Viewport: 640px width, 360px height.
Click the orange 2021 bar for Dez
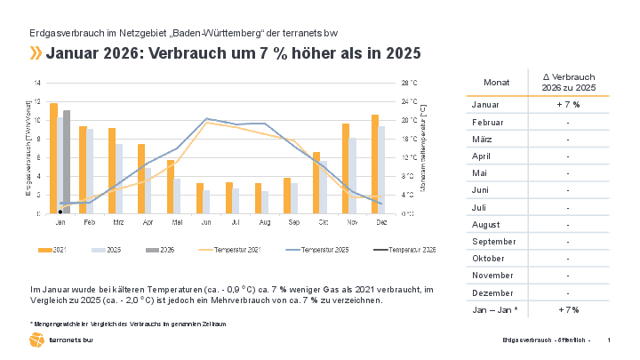tap(375, 164)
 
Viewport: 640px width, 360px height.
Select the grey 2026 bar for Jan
tap(67, 162)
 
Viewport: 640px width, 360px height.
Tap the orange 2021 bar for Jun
tap(200, 198)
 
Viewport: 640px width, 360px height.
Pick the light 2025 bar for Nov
tap(353, 176)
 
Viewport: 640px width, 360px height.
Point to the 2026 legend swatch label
tap(168, 251)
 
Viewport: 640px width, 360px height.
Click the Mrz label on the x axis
tap(118, 222)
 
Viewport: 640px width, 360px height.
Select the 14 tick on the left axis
tap(37, 83)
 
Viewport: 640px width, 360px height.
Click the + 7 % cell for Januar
tap(568, 105)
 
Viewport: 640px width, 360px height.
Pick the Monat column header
tap(497, 82)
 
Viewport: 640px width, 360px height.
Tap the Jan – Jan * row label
tap(494, 309)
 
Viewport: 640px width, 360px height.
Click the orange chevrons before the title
tap(36, 53)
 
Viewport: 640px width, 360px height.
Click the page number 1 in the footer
tap(609, 340)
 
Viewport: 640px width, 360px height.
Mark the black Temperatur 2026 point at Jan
tap(60, 212)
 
